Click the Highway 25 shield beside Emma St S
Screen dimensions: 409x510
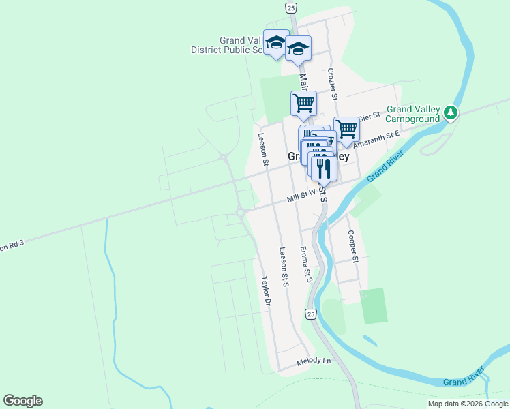(311, 314)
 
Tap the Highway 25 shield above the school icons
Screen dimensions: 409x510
(291, 7)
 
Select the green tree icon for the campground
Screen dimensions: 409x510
(450, 113)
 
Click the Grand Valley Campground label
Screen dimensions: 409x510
(413, 114)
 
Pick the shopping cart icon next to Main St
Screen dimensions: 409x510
(303, 103)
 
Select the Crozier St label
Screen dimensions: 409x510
(333, 83)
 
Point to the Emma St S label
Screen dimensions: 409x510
(305, 264)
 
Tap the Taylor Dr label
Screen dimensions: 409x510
(267, 291)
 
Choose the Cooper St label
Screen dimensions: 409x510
(352, 246)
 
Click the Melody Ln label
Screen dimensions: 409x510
(314, 361)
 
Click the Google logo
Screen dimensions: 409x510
(22, 401)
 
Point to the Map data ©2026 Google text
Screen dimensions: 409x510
(468, 404)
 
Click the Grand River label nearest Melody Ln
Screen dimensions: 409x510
(463, 377)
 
